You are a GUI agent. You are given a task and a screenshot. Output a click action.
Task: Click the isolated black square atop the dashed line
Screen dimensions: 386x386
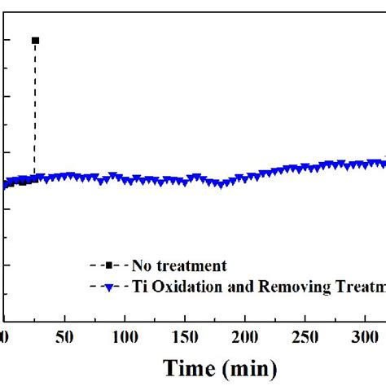[x=34, y=40]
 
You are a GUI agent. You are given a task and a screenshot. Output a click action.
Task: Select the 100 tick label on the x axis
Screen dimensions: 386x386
[x=125, y=336]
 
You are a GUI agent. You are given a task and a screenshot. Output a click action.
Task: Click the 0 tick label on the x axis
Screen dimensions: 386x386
[x=4, y=336]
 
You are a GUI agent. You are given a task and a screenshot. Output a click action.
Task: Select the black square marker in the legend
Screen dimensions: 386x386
[x=109, y=265]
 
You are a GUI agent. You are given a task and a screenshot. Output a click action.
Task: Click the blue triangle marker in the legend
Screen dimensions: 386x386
[x=109, y=286]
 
